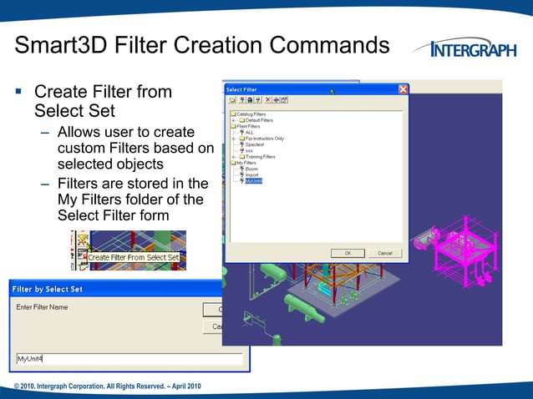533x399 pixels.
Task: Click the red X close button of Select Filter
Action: pos(403,89)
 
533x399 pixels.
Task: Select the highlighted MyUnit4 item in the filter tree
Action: pos(253,180)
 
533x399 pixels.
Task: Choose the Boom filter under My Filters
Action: pos(251,169)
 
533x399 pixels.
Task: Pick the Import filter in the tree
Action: pos(252,174)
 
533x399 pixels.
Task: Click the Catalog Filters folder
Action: pos(251,114)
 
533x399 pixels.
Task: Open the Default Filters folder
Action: pos(258,119)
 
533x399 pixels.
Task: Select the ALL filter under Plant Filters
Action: pos(249,132)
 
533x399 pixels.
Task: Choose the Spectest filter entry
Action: pos(255,144)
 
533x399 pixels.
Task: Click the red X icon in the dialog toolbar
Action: pos(267,100)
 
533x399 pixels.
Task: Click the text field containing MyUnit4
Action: pos(129,359)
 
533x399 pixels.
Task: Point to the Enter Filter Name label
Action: pos(43,307)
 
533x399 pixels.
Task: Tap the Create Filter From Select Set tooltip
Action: pos(134,257)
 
